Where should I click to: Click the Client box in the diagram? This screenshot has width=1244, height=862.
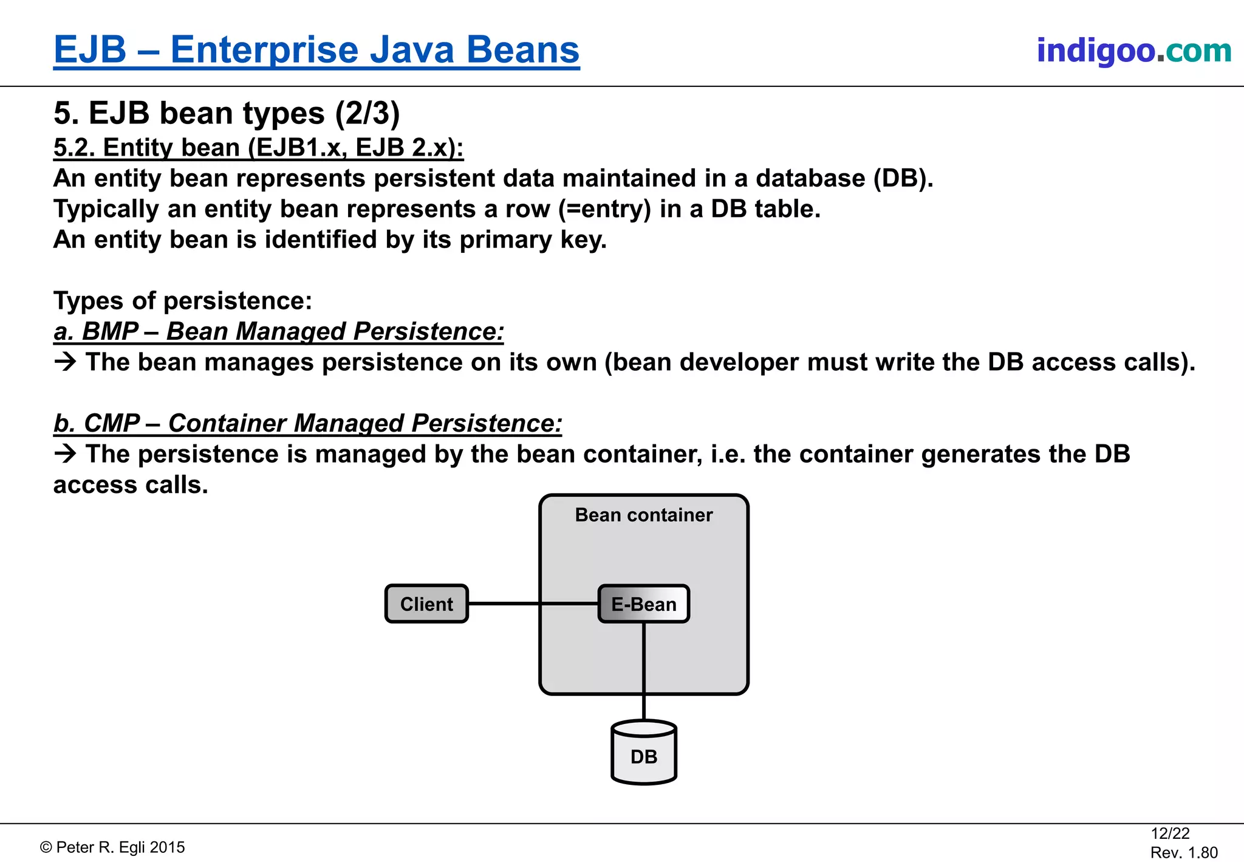[426, 604]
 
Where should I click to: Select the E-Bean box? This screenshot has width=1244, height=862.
[643, 604]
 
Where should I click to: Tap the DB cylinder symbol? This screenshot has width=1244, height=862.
[643, 753]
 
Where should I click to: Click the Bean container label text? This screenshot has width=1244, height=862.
[643, 515]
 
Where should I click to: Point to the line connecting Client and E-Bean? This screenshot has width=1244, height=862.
[504, 604]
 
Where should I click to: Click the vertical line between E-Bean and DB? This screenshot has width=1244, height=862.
[643, 669]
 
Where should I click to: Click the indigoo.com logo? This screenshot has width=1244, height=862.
[1133, 50]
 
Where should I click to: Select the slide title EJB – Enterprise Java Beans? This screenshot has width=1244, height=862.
[316, 50]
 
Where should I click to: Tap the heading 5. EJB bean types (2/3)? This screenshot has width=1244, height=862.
[227, 113]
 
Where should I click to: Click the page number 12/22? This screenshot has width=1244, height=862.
[1170, 833]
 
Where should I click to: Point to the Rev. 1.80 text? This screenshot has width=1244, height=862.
[1183, 852]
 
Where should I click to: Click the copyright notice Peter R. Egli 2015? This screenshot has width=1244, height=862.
[113, 847]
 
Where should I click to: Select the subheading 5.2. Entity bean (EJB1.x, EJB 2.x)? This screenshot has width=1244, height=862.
[258, 148]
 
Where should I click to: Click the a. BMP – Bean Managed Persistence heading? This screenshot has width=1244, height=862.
[279, 332]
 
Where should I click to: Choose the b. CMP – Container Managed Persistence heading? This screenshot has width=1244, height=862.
[307, 424]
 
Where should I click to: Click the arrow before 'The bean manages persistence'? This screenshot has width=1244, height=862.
[65, 362]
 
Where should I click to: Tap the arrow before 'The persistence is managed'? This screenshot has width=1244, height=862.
[65, 454]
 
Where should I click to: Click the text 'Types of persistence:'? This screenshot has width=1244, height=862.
[182, 301]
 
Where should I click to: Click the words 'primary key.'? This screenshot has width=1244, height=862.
[533, 240]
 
